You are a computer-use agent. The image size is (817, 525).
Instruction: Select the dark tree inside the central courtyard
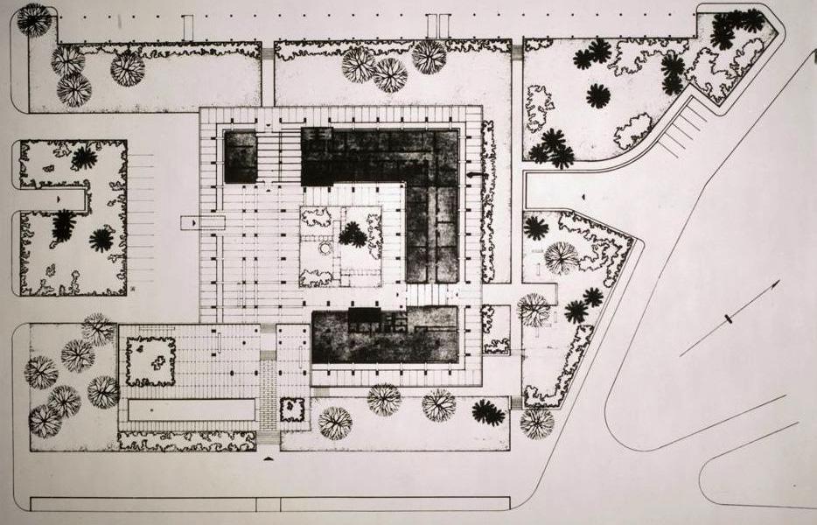coord(353,234)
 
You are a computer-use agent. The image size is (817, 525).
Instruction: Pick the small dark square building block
coord(241,157)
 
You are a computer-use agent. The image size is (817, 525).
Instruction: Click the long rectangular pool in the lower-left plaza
coord(192,409)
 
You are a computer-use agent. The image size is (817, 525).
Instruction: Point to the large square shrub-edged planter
coord(150,361)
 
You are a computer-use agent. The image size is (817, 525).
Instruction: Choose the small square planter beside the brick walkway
coord(292,409)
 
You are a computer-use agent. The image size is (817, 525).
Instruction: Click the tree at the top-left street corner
coord(34,19)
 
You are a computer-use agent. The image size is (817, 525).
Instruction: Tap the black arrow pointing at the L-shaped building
coord(475,176)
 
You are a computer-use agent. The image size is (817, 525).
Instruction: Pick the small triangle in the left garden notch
coord(59,200)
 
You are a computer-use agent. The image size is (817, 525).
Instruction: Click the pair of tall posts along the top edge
coord(437,25)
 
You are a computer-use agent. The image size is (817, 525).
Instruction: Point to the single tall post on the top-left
coord(187,27)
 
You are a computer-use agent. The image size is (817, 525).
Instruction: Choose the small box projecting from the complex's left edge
coord(191,223)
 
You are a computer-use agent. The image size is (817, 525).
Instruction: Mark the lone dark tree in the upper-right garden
coord(597,95)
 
